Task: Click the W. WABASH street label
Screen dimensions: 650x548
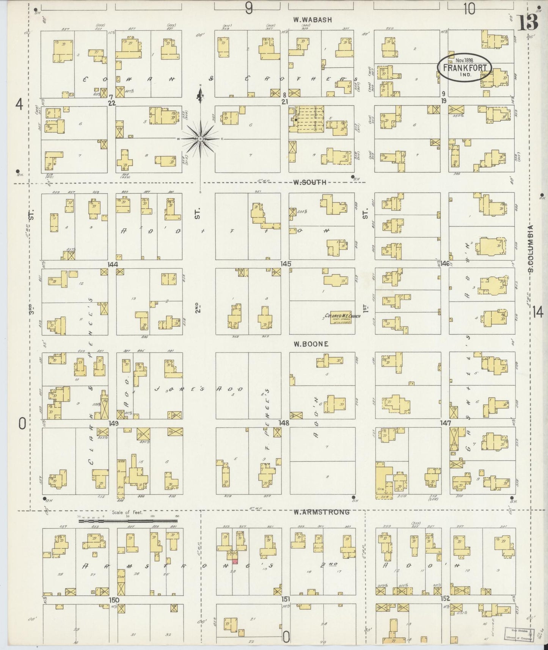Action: tap(312, 20)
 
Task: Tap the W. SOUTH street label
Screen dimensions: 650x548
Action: tap(309, 182)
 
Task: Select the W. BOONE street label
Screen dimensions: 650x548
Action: tap(310, 344)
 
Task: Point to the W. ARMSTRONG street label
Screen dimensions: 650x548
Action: tap(321, 512)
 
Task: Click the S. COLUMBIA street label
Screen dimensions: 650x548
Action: tap(531, 249)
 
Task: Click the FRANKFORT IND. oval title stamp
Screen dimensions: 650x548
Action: tap(465, 68)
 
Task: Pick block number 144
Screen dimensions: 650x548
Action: tap(113, 264)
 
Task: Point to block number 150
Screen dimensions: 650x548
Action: tap(114, 600)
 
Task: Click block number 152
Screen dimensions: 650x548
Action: tap(445, 598)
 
